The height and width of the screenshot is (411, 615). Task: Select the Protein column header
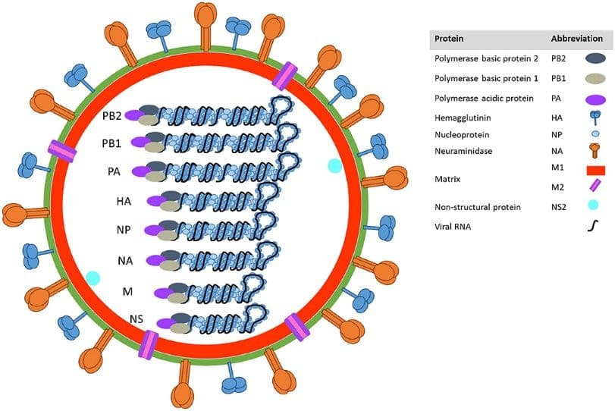click(x=447, y=39)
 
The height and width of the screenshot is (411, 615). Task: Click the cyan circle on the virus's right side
click(x=334, y=165)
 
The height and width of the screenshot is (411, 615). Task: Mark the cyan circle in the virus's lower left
click(x=93, y=278)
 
